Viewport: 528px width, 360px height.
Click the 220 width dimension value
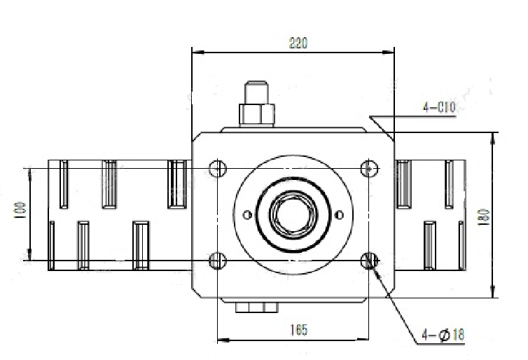(x=298, y=43)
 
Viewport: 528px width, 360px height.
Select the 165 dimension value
(x=299, y=330)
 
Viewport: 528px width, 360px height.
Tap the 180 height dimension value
(x=484, y=217)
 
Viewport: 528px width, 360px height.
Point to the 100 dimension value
(x=20, y=210)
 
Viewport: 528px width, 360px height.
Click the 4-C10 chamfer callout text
(x=439, y=107)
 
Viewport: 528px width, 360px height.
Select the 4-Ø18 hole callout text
(x=443, y=335)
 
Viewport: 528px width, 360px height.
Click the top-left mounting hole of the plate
(x=218, y=168)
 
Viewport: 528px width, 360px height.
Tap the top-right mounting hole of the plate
(x=369, y=168)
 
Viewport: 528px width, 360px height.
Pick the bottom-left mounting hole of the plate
(x=218, y=261)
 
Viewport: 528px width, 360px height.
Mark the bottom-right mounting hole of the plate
(x=369, y=261)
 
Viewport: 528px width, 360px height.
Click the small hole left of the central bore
(x=247, y=214)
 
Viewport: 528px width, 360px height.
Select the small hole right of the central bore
(x=340, y=214)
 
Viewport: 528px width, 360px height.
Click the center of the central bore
(x=293, y=214)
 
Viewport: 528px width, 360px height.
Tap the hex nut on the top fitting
(x=256, y=115)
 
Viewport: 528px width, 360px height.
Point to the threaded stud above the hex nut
(x=256, y=92)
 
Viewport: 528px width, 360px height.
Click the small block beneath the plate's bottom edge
(x=256, y=307)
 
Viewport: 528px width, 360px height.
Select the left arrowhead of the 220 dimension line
(x=198, y=53)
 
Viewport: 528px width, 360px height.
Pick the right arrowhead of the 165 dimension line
(x=363, y=340)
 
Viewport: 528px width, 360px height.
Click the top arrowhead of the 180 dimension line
(x=493, y=139)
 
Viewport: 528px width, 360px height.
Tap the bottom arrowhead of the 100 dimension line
(x=29, y=254)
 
